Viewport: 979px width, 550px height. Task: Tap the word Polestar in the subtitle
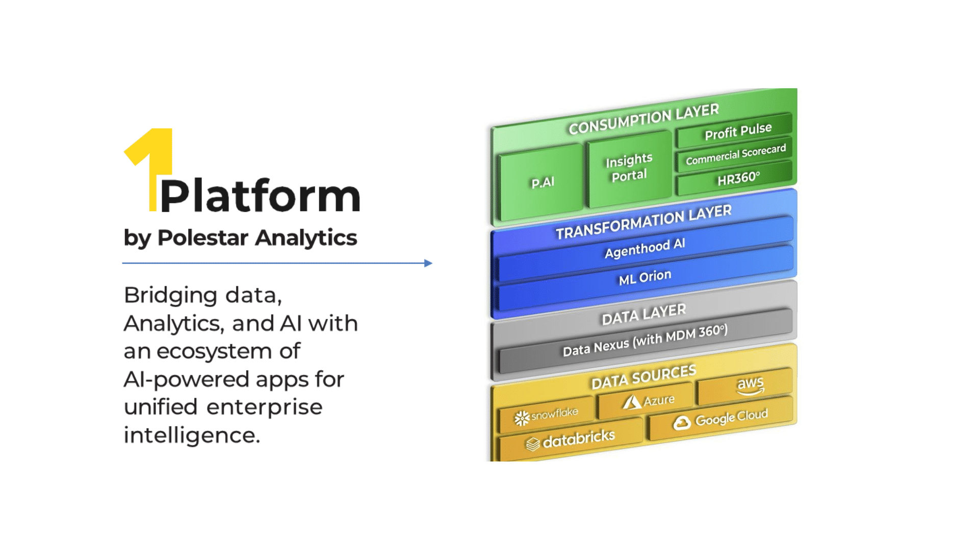(x=202, y=237)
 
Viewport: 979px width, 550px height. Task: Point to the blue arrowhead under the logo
(x=428, y=263)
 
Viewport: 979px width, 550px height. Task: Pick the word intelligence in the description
(x=192, y=435)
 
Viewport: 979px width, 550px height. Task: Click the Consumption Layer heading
(x=643, y=119)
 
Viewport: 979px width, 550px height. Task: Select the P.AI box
(x=542, y=182)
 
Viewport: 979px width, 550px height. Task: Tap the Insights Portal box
(x=629, y=168)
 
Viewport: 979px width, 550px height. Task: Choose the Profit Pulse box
(x=734, y=131)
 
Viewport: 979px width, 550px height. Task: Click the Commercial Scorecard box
(x=734, y=155)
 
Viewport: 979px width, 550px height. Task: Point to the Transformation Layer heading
(x=643, y=222)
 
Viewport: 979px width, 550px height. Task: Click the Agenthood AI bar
(x=645, y=249)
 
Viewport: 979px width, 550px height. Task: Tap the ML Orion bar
(x=645, y=278)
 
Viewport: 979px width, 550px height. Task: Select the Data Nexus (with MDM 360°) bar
(x=646, y=340)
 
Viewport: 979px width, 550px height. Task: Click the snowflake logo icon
(x=522, y=419)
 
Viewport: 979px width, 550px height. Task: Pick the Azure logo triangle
(x=632, y=402)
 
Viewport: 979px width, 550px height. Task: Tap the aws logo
(x=750, y=386)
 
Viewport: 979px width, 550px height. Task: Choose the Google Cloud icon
(x=682, y=423)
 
